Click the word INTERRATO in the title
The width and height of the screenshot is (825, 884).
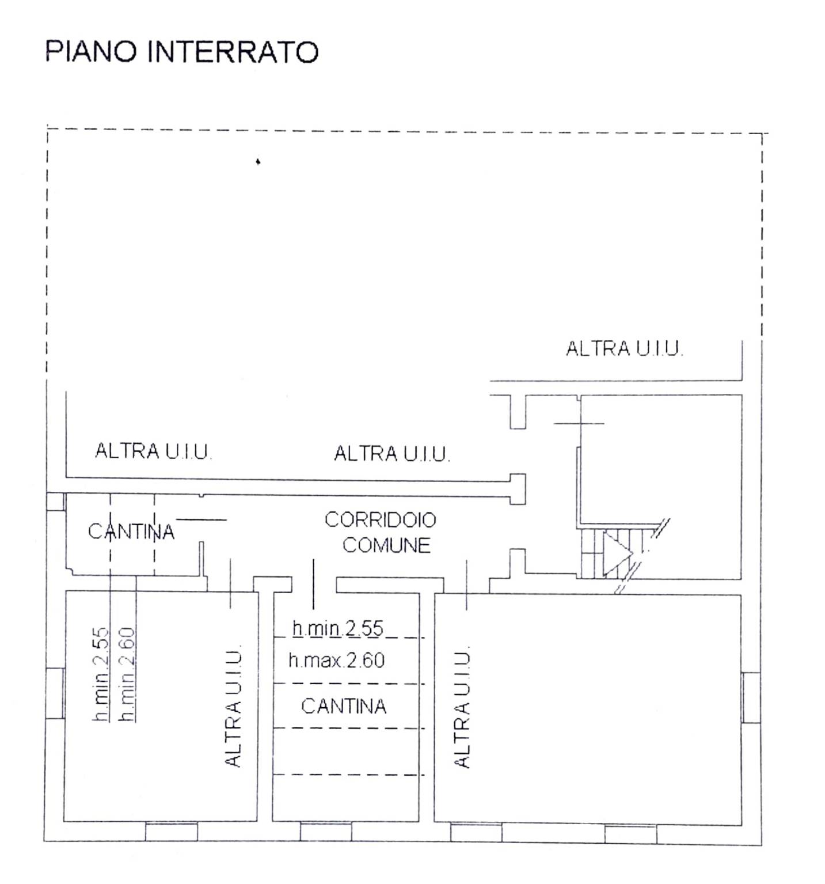coord(233,52)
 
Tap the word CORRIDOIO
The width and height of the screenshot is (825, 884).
coord(381,519)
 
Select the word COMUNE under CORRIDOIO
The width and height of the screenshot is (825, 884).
coord(386,545)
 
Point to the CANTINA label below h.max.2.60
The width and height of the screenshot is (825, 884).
coord(344,706)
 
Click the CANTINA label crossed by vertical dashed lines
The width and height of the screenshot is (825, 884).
coord(131,531)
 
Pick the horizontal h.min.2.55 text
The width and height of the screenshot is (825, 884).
coord(337,628)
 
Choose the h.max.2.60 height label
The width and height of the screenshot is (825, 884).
coord(337,660)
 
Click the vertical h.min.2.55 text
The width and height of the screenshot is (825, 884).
coord(101,674)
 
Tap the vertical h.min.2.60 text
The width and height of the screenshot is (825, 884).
coord(127,674)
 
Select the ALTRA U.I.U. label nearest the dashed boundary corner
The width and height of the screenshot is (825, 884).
coord(625,348)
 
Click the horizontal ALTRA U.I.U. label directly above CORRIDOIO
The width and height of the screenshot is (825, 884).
coord(391,454)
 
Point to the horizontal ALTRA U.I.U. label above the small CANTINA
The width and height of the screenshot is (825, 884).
coord(153,451)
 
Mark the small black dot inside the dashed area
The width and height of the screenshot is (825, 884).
coord(258,162)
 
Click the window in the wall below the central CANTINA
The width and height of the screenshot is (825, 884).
coord(326,832)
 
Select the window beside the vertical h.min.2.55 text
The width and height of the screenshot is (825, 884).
coord(55,693)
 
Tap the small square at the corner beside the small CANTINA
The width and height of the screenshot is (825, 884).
coord(55,502)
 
